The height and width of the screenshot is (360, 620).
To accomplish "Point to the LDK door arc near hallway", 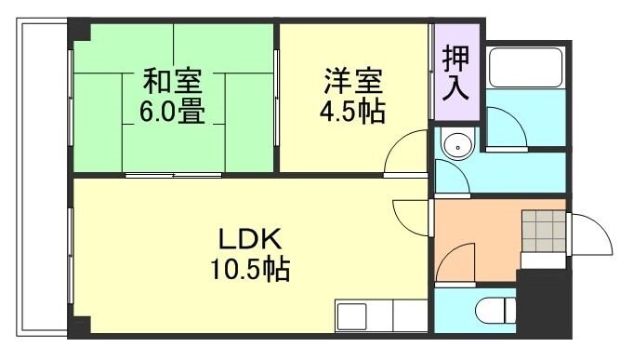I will tap(408, 218).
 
